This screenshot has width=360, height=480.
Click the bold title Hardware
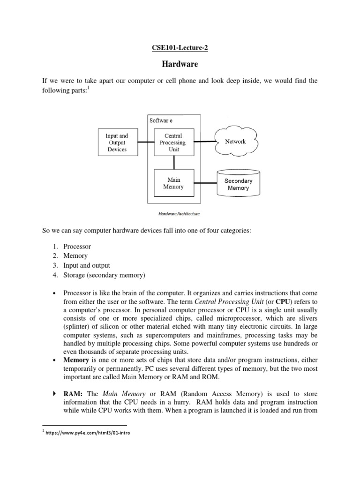(180, 63)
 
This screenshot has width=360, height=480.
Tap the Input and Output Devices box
(117, 142)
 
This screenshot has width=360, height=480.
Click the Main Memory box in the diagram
(173, 183)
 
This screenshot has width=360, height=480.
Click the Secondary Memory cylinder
(238, 184)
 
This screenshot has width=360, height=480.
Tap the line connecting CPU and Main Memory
(174, 162)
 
